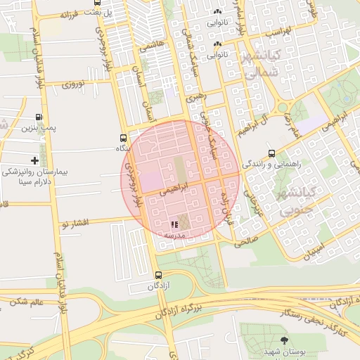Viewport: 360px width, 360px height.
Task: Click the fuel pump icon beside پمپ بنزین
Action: pyautogui.click(x=38, y=117)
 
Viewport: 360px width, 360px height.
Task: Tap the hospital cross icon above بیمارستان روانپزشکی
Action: pyautogui.click(x=35, y=161)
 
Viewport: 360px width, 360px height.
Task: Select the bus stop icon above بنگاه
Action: pyautogui.click(x=124, y=138)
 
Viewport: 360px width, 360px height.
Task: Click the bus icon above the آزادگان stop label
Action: pyautogui.click(x=157, y=276)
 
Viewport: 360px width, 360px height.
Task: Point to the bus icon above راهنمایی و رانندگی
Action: pyautogui.click(x=271, y=153)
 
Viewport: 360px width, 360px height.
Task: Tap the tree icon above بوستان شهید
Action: pyautogui.click(x=285, y=340)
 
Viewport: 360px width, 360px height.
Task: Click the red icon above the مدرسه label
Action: pyautogui.click(x=174, y=225)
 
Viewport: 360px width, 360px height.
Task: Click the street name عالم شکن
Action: pyautogui.click(x=27, y=302)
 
